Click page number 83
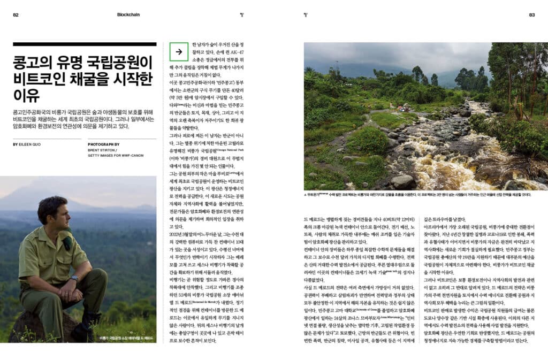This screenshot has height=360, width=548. (532, 14)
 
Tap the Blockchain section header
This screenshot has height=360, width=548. (128, 14)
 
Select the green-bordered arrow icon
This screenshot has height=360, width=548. (178, 52)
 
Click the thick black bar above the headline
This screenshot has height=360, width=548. (85, 44)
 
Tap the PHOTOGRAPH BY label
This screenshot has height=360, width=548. (104, 144)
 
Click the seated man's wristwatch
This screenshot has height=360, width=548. (74, 278)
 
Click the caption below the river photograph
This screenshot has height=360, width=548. (417, 194)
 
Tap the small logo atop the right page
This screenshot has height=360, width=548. (306, 14)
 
